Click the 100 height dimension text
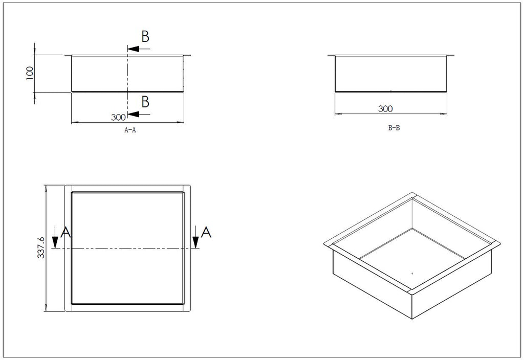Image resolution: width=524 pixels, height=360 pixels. coord(30,73)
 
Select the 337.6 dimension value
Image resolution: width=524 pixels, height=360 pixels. coord(41,248)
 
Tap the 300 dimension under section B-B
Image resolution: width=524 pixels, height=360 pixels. coord(385,108)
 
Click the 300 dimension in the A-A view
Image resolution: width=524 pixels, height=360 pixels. coord(118,117)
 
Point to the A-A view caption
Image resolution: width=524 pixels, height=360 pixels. coord(130,130)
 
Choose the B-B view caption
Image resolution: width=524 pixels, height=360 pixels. coord(394,127)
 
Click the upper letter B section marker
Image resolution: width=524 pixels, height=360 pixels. coord(145,36)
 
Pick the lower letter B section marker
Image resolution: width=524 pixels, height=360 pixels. coord(145,102)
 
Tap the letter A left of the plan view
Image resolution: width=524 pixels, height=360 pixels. coord(66,232)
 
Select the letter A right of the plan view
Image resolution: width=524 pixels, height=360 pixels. coord(206,232)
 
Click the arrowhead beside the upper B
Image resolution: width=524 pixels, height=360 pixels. coord(133,49)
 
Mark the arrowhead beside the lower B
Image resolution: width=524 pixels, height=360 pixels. coord(133,114)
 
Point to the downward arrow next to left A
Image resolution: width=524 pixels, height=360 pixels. coord(55,237)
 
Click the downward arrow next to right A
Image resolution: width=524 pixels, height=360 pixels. coord(195,237)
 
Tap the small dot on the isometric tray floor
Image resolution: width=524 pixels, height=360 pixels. coord(412,273)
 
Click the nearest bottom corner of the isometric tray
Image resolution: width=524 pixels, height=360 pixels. coord(412,320)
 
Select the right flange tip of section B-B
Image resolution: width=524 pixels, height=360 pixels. coord(454,55)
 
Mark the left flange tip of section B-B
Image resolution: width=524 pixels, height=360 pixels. coord(328,55)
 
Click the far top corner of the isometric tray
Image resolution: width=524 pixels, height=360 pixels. coord(412,193)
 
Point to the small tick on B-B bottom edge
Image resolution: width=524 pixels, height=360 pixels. coord(390,91)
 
